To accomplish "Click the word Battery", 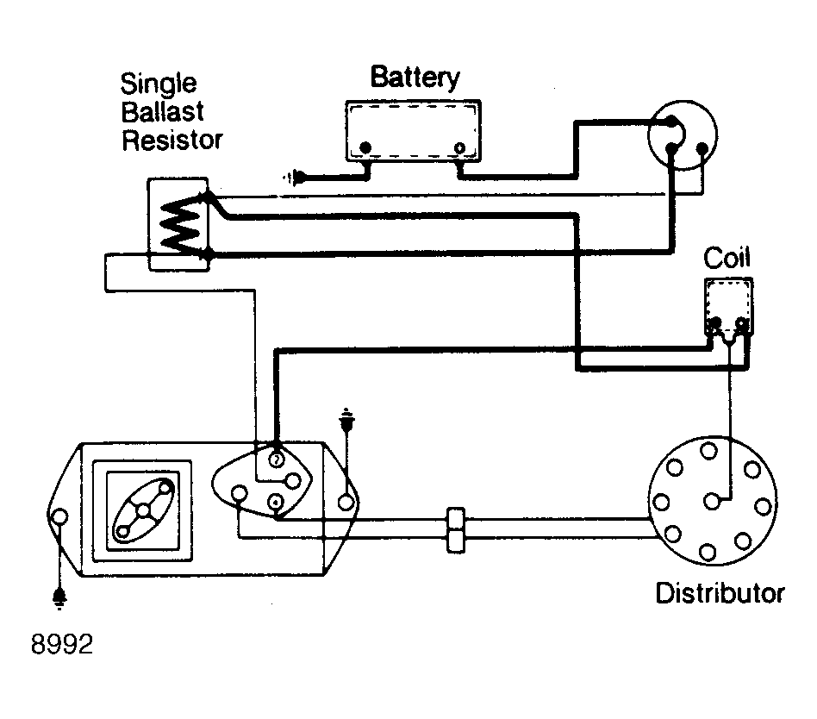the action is pyautogui.click(x=415, y=78).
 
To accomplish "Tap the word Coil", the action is pyautogui.click(x=727, y=258).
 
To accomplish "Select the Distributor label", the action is pyautogui.click(x=720, y=593).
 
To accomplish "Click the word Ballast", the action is pyautogui.click(x=162, y=111).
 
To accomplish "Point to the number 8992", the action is pyautogui.click(x=62, y=645).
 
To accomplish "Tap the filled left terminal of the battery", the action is pyautogui.click(x=365, y=147).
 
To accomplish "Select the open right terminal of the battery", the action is pyautogui.click(x=459, y=148).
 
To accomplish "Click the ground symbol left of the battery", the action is pyautogui.click(x=296, y=178).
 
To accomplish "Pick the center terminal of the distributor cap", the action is pyautogui.click(x=711, y=502).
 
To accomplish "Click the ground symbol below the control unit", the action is pyautogui.click(x=60, y=598).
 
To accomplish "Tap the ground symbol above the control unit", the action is pyautogui.click(x=346, y=419).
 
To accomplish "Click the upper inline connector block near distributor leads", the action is pyautogui.click(x=456, y=519).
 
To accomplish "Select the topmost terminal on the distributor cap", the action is pyautogui.click(x=708, y=451).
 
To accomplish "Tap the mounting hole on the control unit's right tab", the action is pyautogui.click(x=346, y=502).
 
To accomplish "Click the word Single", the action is pyautogui.click(x=159, y=84).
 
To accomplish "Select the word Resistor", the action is pyautogui.click(x=172, y=140).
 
